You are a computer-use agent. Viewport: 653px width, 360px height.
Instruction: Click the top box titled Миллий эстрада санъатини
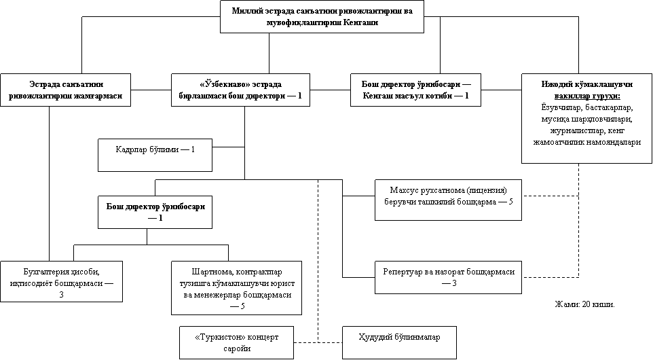322,16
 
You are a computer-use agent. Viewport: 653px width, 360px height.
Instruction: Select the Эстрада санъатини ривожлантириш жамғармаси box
65,90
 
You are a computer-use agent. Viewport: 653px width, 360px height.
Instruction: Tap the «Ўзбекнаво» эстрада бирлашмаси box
240,90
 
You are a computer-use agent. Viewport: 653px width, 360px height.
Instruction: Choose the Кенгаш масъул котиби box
415,90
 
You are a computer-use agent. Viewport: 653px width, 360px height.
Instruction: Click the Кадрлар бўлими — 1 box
155,155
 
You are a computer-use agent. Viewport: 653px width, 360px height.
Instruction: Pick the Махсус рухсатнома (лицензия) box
448,200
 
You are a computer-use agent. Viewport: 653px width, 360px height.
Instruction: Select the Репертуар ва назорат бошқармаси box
448,278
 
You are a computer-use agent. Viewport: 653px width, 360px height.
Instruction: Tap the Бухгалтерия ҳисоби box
61,282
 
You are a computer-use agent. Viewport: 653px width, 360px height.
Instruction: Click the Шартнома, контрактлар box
236,288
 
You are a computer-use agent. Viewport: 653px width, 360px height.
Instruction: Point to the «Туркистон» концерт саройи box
236,343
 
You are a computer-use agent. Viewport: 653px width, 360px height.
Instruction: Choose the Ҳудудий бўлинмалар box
399,343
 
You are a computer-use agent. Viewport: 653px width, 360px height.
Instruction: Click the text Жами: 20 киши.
584,304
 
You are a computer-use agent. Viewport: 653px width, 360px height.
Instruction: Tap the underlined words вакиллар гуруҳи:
586,96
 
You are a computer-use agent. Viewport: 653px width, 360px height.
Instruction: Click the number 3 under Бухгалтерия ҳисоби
61,295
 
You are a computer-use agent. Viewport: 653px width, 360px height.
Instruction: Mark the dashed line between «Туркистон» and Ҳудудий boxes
318,342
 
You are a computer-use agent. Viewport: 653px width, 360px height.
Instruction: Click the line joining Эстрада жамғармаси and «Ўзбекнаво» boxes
151,90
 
